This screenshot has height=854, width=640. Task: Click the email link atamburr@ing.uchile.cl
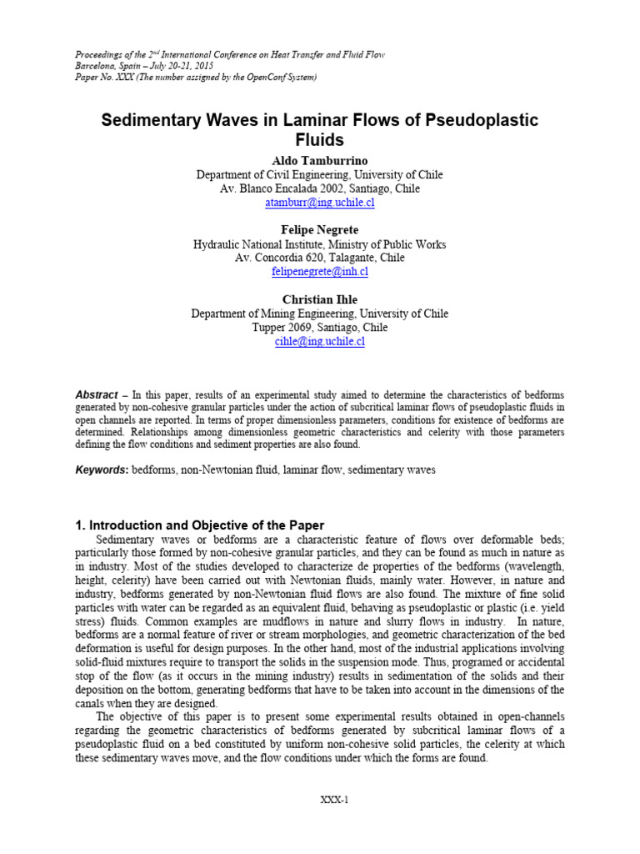point(319,203)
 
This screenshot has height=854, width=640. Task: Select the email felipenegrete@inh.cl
point(319,272)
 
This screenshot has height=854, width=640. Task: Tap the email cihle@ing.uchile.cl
point(319,341)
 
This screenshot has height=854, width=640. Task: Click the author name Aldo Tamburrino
point(319,159)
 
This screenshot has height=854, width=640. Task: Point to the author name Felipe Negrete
point(319,229)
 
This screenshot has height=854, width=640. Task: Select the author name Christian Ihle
point(319,299)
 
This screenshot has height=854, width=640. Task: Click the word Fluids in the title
point(319,140)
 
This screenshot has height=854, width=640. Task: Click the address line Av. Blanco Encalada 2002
point(319,188)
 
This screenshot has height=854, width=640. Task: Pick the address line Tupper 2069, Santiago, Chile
point(319,328)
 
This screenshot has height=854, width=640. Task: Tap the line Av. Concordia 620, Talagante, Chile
point(319,258)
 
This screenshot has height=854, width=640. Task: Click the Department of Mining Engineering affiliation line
point(319,314)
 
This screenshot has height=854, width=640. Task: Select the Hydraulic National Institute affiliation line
point(319,244)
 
